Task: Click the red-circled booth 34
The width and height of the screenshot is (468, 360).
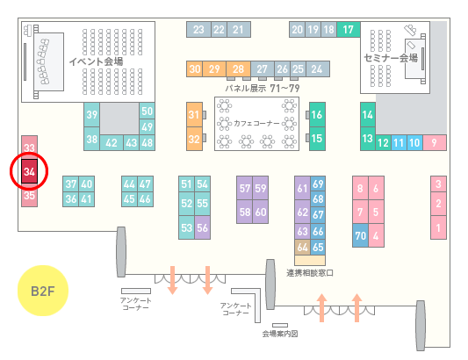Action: [x=29, y=171]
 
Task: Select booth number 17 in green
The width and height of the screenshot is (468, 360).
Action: [x=349, y=29]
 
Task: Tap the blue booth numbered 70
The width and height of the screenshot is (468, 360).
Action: [x=360, y=235]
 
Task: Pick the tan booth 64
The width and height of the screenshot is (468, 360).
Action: [x=302, y=247]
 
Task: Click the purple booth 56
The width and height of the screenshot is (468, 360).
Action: [x=202, y=227]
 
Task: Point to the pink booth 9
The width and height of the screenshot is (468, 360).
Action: [x=435, y=143]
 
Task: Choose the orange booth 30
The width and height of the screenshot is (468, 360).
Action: [x=195, y=69]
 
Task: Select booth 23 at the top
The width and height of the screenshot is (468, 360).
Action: [x=198, y=29]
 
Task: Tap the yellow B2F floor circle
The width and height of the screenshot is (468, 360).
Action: [x=43, y=291]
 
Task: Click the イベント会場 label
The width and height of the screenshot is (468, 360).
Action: [x=96, y=61]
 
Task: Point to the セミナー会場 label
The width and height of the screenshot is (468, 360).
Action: [x=391, y=58]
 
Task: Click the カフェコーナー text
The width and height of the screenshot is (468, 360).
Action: [x=256, y=123]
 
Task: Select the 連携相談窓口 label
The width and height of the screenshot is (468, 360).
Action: [x=310, y=273]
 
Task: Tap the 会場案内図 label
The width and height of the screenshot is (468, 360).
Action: [x=280, y=334]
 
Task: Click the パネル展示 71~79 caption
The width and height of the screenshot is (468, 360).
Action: [x=263, y=88]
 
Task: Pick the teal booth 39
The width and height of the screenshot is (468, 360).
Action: [x=91, y=115]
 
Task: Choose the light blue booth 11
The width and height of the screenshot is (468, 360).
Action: [x=399, y=143]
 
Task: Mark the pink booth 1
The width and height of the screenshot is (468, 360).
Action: [x=438, y=227]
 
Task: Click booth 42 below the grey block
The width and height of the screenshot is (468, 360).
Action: [x=112, y=143]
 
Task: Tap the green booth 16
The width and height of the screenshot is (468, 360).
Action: [x=317, y=114]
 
